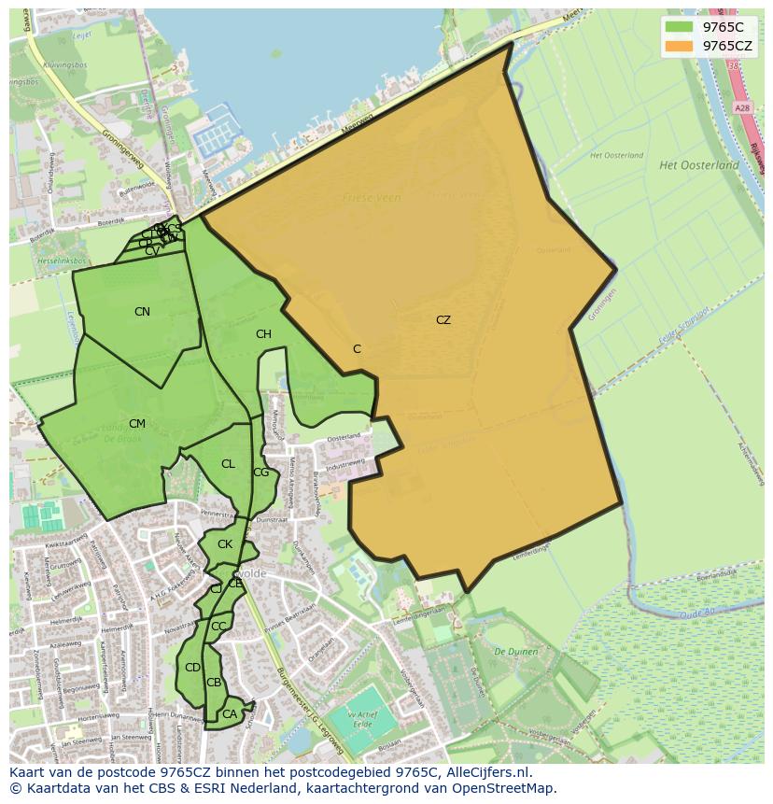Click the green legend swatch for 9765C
[x=679, y=27]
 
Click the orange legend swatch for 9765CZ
[x=679, y=46]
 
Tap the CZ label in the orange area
[x=443, y=320]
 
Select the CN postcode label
[x=142, y=312]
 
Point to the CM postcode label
[x=137, y=424]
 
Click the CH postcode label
[x=263, y=334]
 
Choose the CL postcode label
[x=228, y=464]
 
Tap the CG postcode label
[x=260, y=473]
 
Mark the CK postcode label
[x=224, y=544]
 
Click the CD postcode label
[x=192, y=668]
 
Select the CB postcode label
[x=214, y=683]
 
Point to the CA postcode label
[x=229, y=714]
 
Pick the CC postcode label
[x=218, y=627]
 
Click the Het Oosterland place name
[x=698, y=165]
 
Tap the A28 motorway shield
[x=742, y=108]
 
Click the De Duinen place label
[x=513, y=651]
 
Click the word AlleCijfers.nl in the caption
[x=485, y=773]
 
